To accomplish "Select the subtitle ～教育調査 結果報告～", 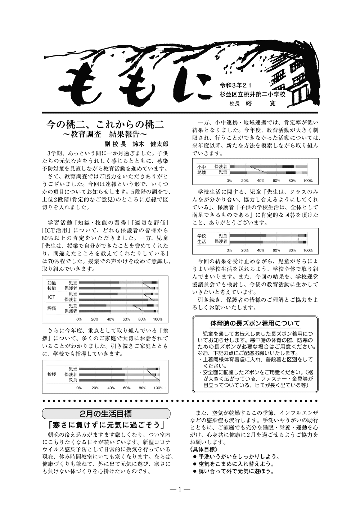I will coord(105,135).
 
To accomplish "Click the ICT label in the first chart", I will coord(51,297).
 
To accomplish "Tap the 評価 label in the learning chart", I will coord(51,308).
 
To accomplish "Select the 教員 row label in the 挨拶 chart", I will coord(73,380).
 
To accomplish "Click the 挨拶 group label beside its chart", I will coord(52,374).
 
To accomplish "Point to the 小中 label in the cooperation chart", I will coord(202,167).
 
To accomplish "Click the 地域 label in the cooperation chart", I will coord(202,173).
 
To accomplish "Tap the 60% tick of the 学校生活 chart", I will coord(276,250).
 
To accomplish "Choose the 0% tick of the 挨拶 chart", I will coord(79,388).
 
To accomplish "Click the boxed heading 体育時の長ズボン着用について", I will coord(255,323).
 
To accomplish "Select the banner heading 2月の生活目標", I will coord(106,413).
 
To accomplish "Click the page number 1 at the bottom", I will coord(180,489).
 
